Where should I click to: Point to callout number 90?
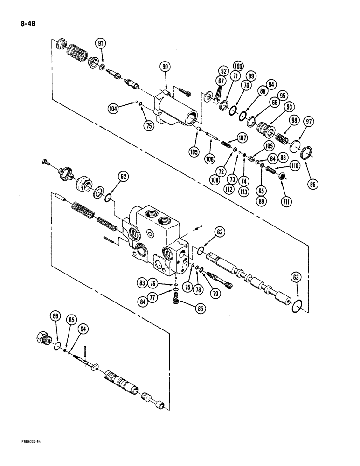[165, 68]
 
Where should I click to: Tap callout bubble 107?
[242, 137]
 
